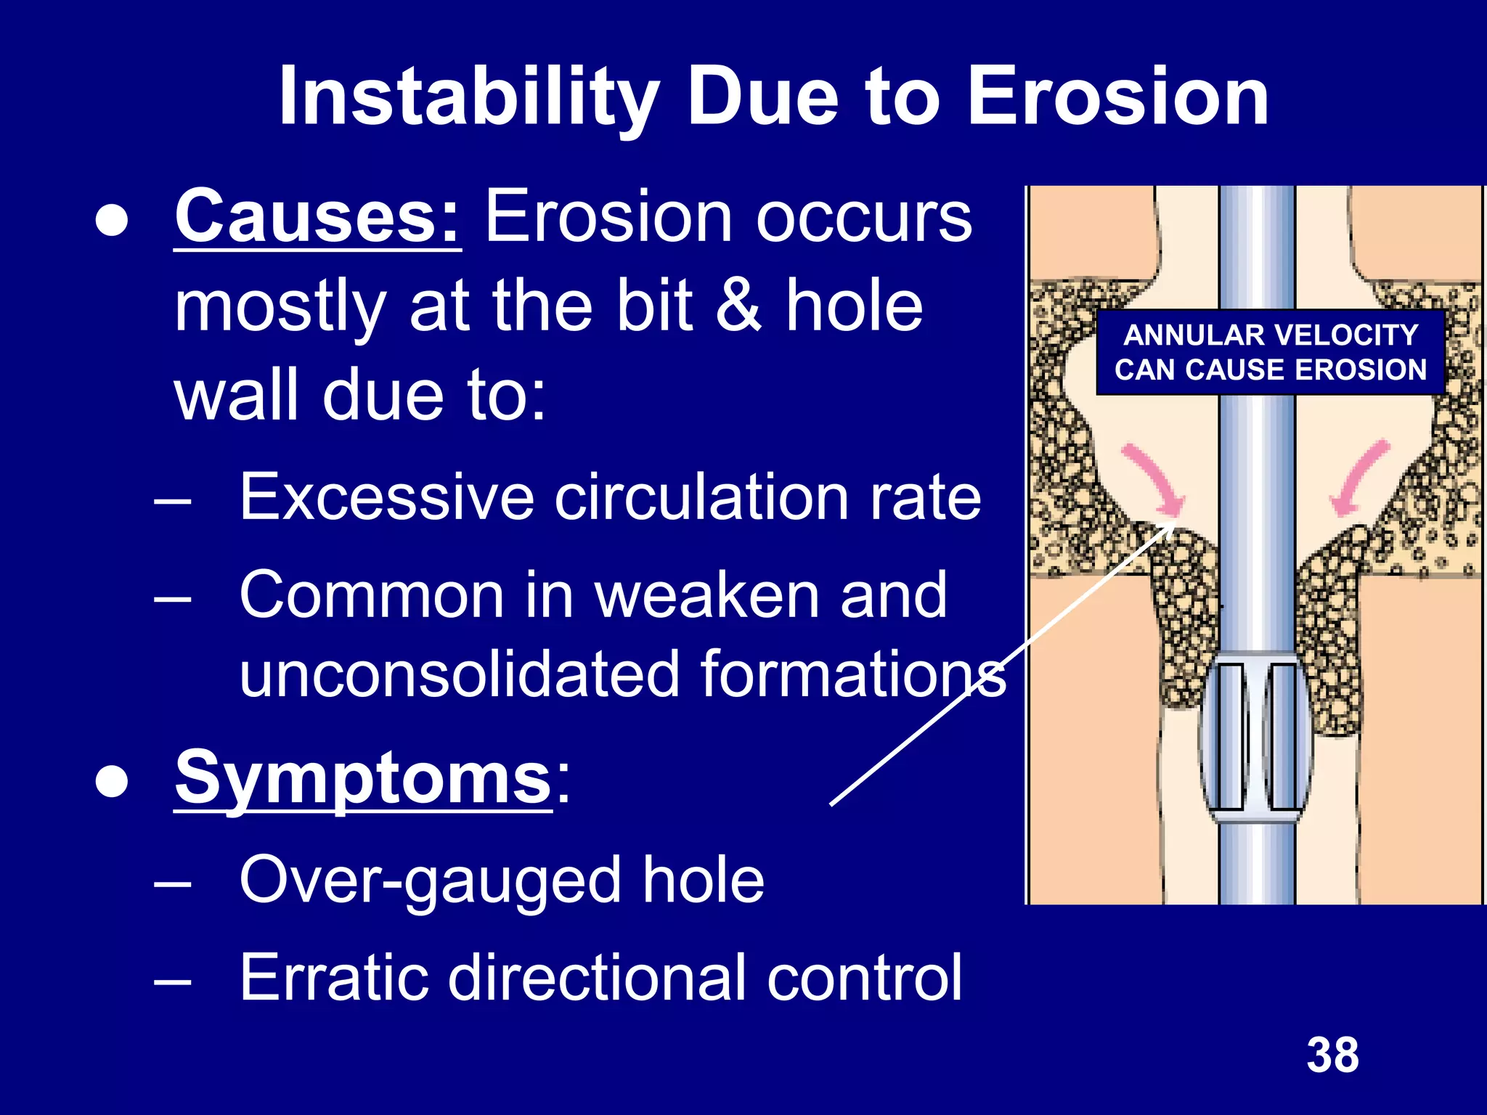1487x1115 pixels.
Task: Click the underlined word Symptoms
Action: pos(363,779)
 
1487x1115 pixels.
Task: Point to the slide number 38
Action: pos(1332,1055)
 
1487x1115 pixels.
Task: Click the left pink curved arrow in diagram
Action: pos(1154,479)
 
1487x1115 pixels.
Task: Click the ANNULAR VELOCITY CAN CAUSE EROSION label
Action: pos(1271,353)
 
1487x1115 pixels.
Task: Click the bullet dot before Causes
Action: pos(112,221)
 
